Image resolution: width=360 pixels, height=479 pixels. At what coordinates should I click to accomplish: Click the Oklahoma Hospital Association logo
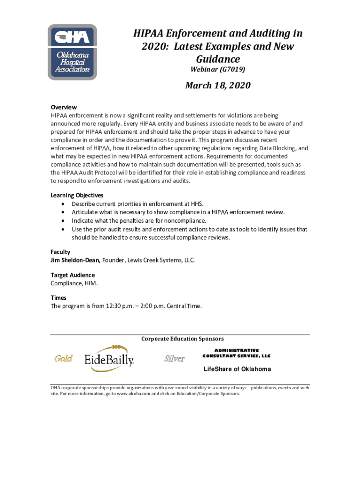pos(72,52)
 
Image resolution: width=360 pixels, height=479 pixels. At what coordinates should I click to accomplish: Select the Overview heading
pos(64,107)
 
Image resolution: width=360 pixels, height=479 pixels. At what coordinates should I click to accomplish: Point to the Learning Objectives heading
pos(77,195)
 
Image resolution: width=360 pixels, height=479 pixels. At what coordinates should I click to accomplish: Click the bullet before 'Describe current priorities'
pos(63,204)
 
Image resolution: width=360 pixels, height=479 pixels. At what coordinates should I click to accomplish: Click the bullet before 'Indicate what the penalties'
pos(63,221)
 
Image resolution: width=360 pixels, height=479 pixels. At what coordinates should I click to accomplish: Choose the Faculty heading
pos(60,252)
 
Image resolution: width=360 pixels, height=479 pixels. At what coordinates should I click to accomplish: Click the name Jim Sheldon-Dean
pos(75,260)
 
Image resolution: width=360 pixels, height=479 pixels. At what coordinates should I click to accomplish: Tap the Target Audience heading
pos(72,275)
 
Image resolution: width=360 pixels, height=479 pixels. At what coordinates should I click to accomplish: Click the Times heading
pos(58,298)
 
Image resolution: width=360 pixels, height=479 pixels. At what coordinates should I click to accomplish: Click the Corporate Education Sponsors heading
pos(182,339)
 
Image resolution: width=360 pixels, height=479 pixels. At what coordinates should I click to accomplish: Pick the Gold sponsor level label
pos(63,359)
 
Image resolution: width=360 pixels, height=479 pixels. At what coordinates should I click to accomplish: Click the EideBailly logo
pos(109,358)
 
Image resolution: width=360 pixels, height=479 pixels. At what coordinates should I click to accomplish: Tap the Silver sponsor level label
pos(174,359)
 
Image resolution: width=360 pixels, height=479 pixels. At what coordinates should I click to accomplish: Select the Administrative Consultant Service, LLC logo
pos(237,353)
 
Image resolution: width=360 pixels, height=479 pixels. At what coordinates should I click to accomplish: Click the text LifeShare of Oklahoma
pos(237,369)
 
